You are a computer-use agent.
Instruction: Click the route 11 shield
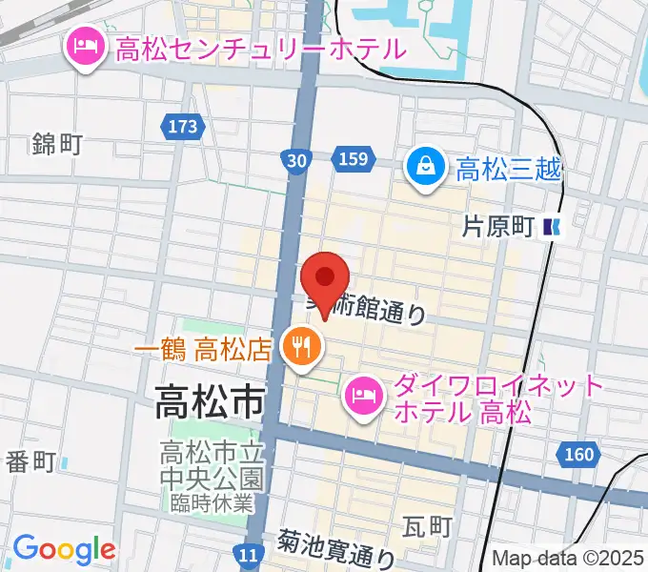click(250, 554)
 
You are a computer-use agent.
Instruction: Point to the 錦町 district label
click(57, 145)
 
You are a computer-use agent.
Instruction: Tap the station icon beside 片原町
click(552, 227)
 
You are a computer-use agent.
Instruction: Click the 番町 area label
click(31, 462)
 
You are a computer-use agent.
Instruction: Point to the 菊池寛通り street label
click(335, 548)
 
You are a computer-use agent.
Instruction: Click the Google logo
click(64, 550)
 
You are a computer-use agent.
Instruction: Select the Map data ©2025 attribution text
click(568, 560)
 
